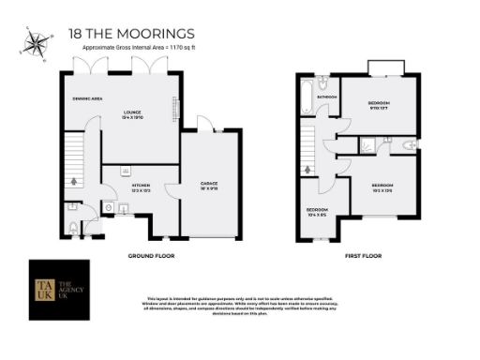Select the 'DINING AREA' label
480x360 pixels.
click(x=86, y=97)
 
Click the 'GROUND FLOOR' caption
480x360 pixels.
click(x=150, y=255)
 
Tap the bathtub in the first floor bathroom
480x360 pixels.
click(x=306, y=97)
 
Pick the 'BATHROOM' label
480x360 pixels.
click(x=326, y=97)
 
